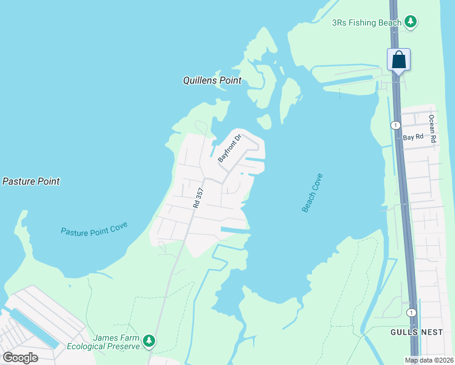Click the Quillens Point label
pyautogui.click(x=212, y=80)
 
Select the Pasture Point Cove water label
pyautogui.click(x=94, y=231)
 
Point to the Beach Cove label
pyautogui.click(x=312, y=193)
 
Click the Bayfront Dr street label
pyautogui.click(x=230, y=148)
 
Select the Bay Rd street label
pyautogui.click(x=413, y=137)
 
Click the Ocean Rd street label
pyautogui.click(x=432, y=128)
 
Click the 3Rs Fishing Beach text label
pyautogui.click(x=367, y=23)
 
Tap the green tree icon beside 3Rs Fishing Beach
pyautogui.click(x=411, y=23)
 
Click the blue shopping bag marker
pyautogui.click(x=398, y=60)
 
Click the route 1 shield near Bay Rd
pyautogui.click(x=396, y=125)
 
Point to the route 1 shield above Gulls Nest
pyautogui.click(x=412, y=312)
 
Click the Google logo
pyautogui.click(x=21, y=358)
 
